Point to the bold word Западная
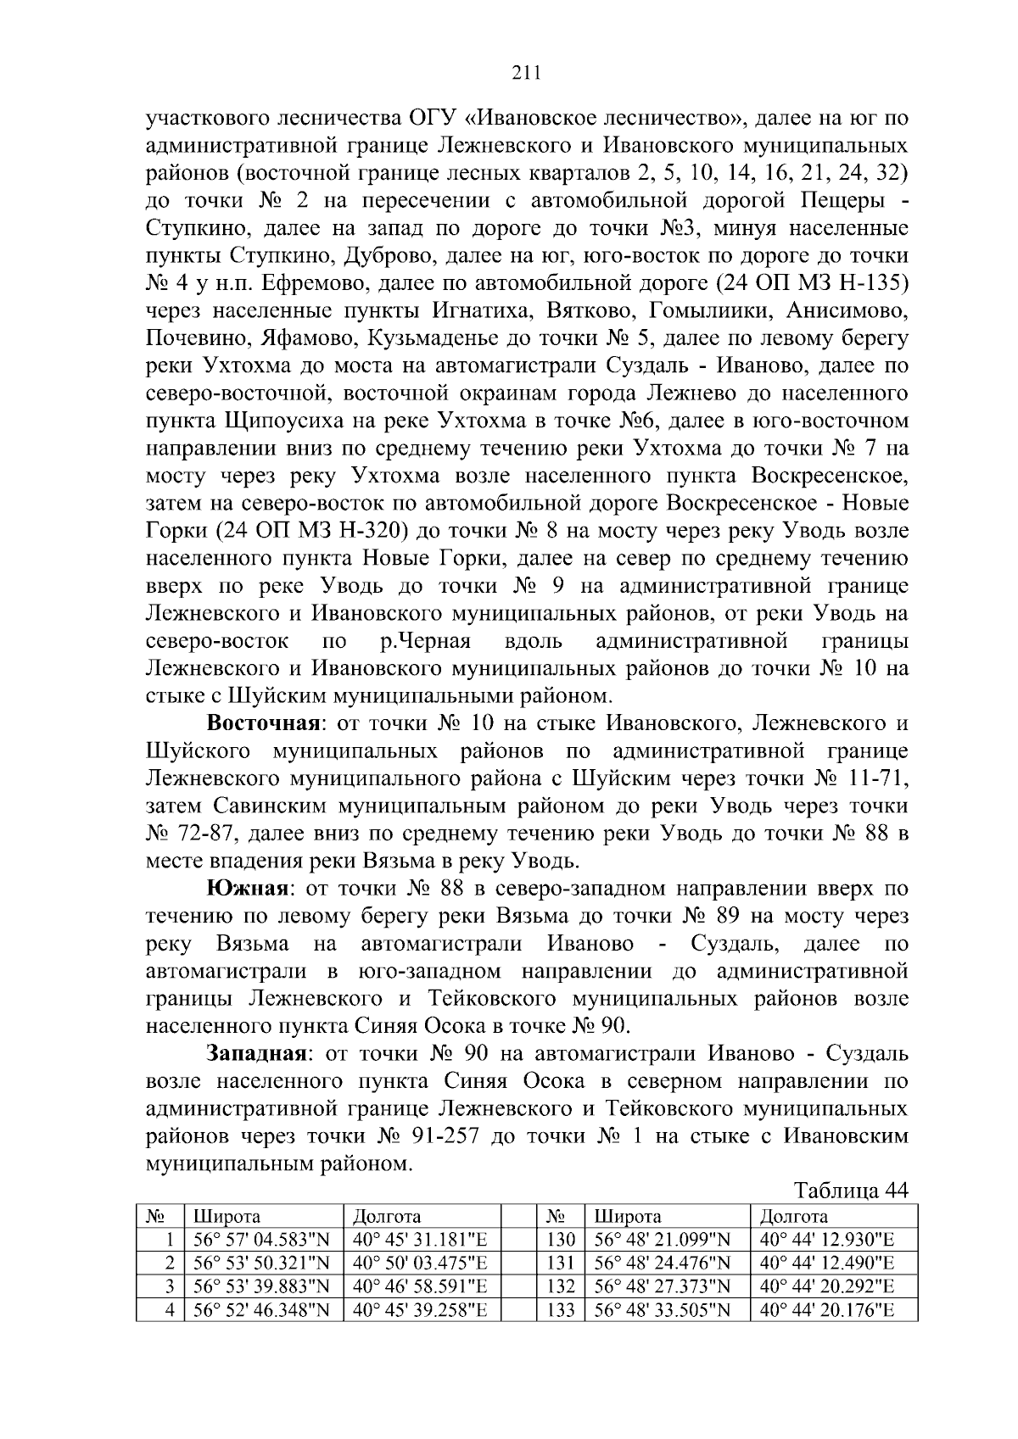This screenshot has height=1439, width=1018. (256, 1053)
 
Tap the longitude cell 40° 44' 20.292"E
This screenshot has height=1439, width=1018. (827, 1286)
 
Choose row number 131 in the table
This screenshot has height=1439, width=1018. (561, 1263)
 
